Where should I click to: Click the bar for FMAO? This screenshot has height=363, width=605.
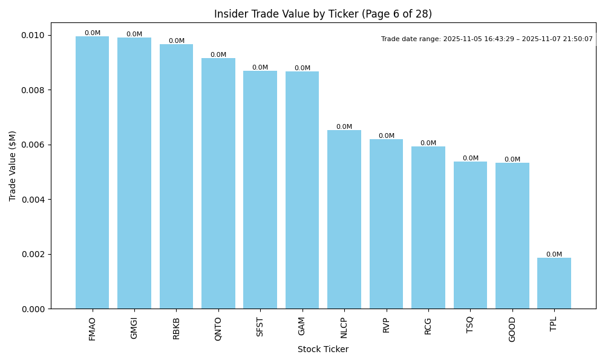pyautogui.click(x=92, y=172)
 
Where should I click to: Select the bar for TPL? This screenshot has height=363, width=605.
pyautogui.click(x=554, y=283)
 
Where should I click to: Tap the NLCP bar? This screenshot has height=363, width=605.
pyautogui.click(x=344, y=219)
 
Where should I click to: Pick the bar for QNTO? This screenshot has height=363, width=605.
pyautogui.click(x=218, y=183)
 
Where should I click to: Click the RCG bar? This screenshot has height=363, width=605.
pyautogui.click(x=428, y=227)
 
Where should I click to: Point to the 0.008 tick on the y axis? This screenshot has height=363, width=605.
pyautogui.click(x=32, y=90)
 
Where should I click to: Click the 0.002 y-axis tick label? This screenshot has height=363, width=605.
pyautogui.click(x=32, y=254)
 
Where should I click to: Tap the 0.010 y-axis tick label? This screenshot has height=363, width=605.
pyautogui.click(x=32, y=35)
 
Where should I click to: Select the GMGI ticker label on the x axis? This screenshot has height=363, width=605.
pyautogui.click(x=134, y=328)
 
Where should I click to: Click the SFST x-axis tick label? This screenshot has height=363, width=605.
pyautogui.click(x=260, y=327)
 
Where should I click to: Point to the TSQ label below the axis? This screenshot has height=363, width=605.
pyautogui.click(x=470, y=325)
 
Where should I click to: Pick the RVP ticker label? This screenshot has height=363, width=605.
pyautogui.click(x=386, y=325)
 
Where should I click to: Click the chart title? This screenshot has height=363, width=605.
pyautogui.click(x=323, y=14)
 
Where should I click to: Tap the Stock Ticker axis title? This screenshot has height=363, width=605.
pyautogui.click(x=323, y=349)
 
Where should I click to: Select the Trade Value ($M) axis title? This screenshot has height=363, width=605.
pyautogui.click(x=13, y=166)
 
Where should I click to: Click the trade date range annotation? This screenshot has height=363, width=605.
pyautogui.click(x=487, y=39)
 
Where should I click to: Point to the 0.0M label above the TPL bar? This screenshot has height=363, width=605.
pyautogui.click(x=554, y=255)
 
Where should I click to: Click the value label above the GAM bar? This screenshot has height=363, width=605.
pyautogui.click(x=302, y=68)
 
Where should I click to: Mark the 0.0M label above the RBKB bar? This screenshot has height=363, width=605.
pyautogui.click(x=177, y=41)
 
